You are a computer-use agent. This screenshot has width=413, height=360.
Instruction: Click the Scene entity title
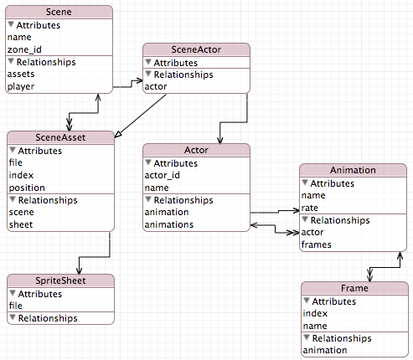59,13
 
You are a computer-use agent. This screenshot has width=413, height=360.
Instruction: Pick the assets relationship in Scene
21,74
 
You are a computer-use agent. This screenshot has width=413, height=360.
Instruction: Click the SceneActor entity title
196,50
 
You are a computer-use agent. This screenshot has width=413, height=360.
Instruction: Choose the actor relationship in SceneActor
155,86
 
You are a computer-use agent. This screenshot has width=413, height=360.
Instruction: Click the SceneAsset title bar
59,138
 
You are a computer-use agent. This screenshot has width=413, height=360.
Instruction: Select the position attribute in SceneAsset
27,188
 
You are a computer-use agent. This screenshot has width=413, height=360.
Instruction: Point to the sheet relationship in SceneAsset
21,224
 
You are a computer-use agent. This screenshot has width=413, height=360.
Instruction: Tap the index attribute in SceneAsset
21,175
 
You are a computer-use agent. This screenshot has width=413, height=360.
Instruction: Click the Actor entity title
196,150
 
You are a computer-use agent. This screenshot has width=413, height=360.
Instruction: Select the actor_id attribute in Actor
163,175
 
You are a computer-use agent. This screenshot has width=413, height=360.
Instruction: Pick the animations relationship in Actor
168,224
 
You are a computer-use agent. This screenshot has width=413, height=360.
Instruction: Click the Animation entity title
353,170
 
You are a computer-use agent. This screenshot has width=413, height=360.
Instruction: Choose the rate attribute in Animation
310,208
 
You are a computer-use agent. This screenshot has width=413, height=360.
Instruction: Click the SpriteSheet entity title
59,280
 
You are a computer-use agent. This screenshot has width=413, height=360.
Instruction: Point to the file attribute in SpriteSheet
16,306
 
